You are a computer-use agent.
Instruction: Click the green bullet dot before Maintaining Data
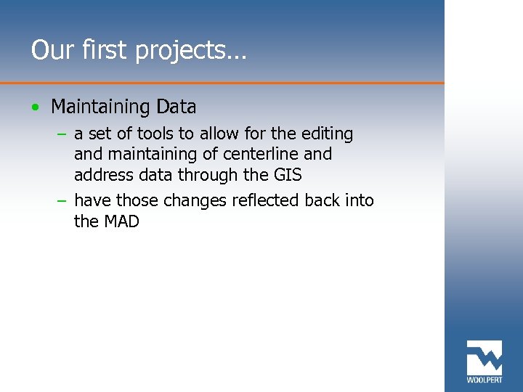tap(36, 107)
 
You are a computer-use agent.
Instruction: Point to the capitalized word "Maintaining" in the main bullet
tap(100, 107)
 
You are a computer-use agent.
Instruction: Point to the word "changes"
tap(195, 201)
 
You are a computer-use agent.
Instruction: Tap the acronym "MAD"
tap(121, 221)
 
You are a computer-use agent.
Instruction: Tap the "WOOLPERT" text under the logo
tap(484, 379)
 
